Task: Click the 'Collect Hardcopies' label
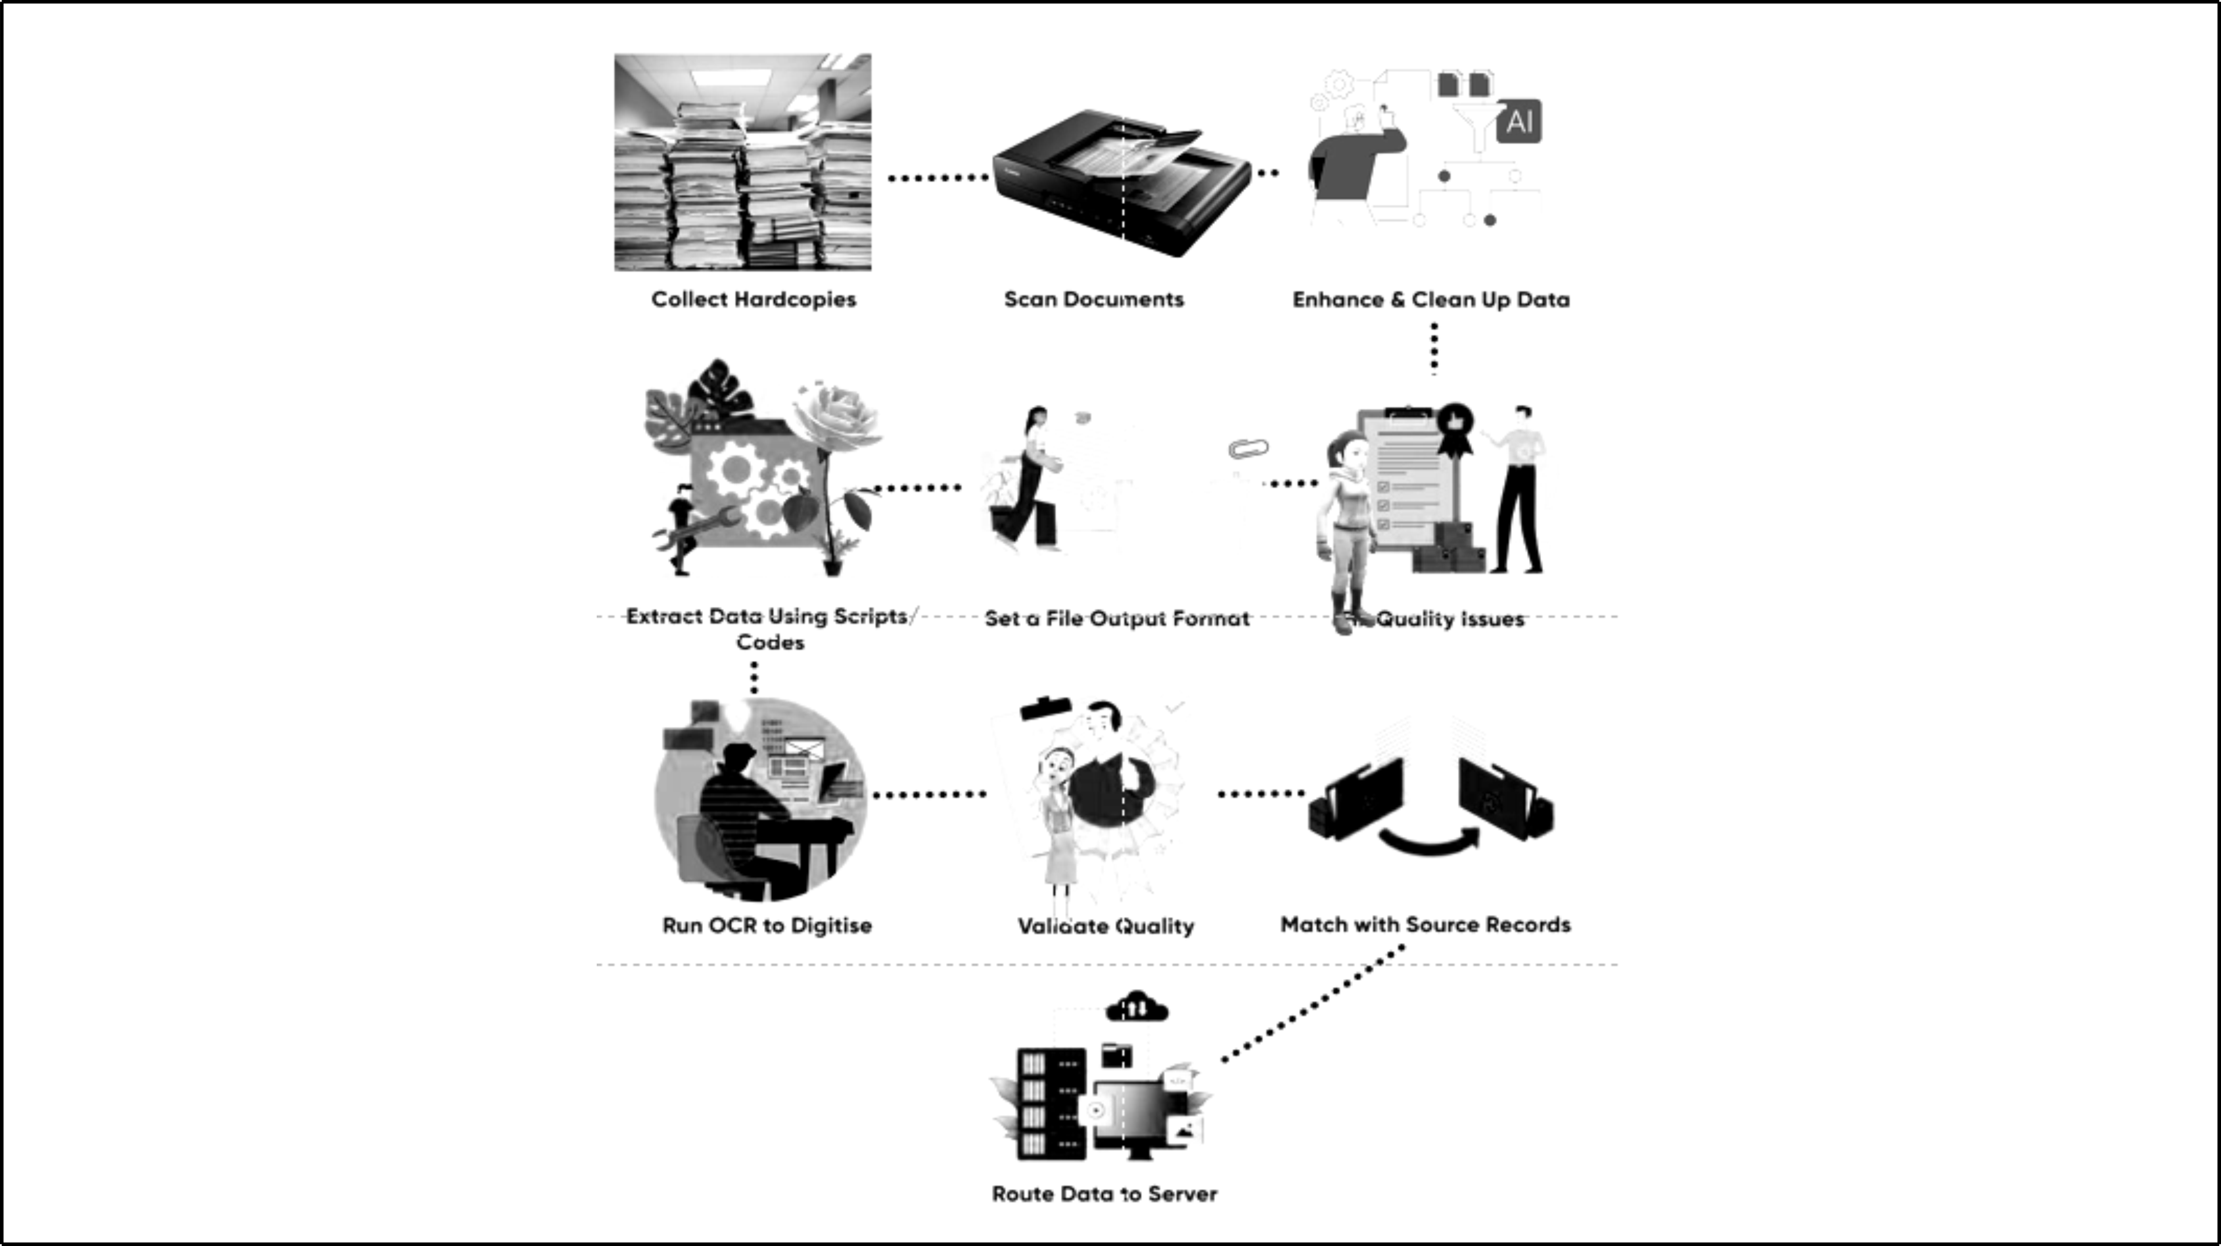click(x=753, y=299)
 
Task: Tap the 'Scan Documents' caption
click(x=1093, y=299)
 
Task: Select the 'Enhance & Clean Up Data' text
click(x=1430, y=300)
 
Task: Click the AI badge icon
click(x=1519, y=121)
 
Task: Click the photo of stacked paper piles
click(x=742, y=162)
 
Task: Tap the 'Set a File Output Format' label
click(x=1116, y=618)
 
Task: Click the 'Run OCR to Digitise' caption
click(x=767, y=925)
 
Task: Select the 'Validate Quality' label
click(x=1105, y=926)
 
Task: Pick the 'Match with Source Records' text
click(x=1425, y=924)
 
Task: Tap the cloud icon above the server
click(x=1136, y=1006)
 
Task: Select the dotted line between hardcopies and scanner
click(x=938, y=177)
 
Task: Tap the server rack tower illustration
click(x=1050, y=1104)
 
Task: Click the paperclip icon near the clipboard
click(x=1248, y=449)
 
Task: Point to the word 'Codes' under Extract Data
click(x=770, y=642)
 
